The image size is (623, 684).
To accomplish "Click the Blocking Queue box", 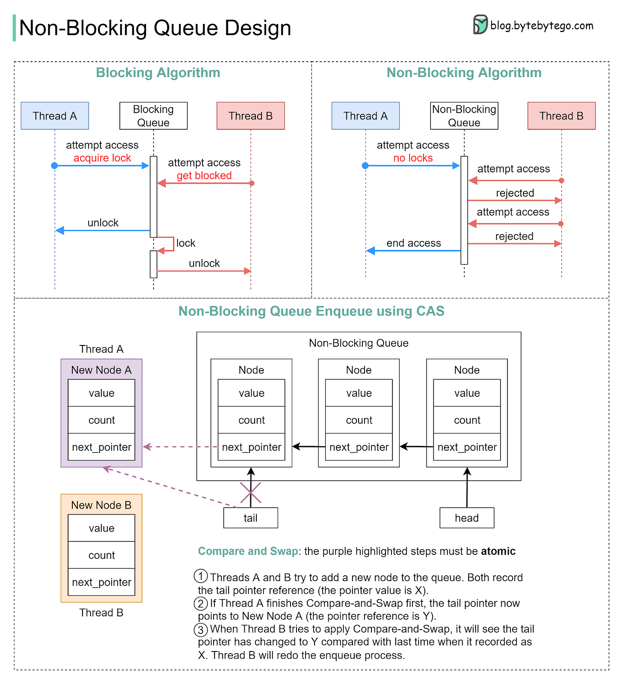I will tap(153, 116).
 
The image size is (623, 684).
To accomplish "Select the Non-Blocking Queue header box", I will tap(464, 116).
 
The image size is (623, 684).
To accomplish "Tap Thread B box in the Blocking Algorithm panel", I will tap(250, 116).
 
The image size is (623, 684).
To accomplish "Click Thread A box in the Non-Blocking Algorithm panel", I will tap(365, 116).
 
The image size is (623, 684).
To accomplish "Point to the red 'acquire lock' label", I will tap(102, 158).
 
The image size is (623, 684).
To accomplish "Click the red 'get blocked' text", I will tap(204, 175).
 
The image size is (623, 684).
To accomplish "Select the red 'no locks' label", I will tap(413, 158).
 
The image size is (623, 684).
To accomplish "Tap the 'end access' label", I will tap(413, 243).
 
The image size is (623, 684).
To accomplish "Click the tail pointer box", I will tap(250, 518).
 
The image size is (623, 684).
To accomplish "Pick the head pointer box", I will tap(466, 518).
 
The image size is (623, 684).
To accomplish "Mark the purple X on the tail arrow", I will tap(250, 493).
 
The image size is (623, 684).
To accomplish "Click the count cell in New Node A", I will tap(101, 420).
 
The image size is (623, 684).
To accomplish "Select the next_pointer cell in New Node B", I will tap(101, 582).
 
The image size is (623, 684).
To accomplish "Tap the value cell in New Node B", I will tap(101, 528).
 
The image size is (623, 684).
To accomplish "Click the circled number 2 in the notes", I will tap(201, 604).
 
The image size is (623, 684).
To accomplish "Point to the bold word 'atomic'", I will tap(498, 551).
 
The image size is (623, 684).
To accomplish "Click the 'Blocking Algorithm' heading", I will tap(158, 73).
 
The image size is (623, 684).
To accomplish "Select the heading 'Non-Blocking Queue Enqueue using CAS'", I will tap(311, 311).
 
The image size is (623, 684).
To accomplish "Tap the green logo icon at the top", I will tap(481, 24).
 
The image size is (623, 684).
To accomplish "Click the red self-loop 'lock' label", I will tap(185, 243).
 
